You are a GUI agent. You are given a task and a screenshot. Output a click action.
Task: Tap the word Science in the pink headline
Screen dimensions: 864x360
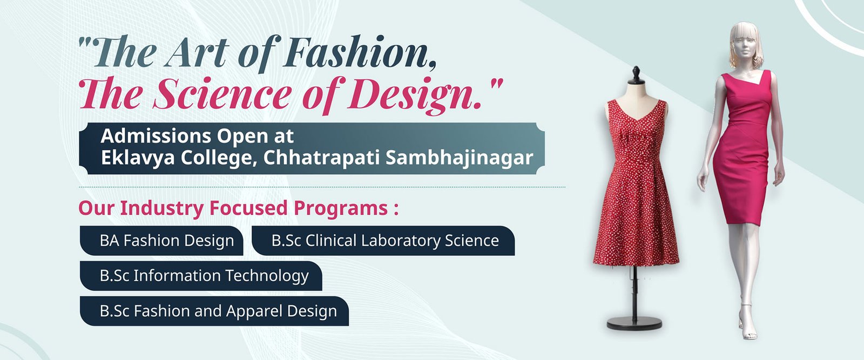pos(222,94)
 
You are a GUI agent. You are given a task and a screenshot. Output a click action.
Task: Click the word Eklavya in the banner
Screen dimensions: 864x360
pos(138,158)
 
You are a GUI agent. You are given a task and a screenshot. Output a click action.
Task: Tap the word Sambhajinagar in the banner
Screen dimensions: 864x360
pos(460,158)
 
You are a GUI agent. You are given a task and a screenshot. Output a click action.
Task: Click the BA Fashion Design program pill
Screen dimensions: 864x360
pos(161,241)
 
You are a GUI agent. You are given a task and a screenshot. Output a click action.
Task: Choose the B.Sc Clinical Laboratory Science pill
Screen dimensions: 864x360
pos(383,241)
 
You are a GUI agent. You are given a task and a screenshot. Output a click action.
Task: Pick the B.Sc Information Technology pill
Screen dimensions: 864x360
pos(201,276)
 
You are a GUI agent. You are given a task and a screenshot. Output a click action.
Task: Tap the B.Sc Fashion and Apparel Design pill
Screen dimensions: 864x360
pos(214,311)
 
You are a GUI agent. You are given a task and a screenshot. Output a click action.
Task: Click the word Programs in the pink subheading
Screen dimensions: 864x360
pos(341,208)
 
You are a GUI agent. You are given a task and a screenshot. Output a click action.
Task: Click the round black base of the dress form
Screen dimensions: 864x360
pos(634,323)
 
